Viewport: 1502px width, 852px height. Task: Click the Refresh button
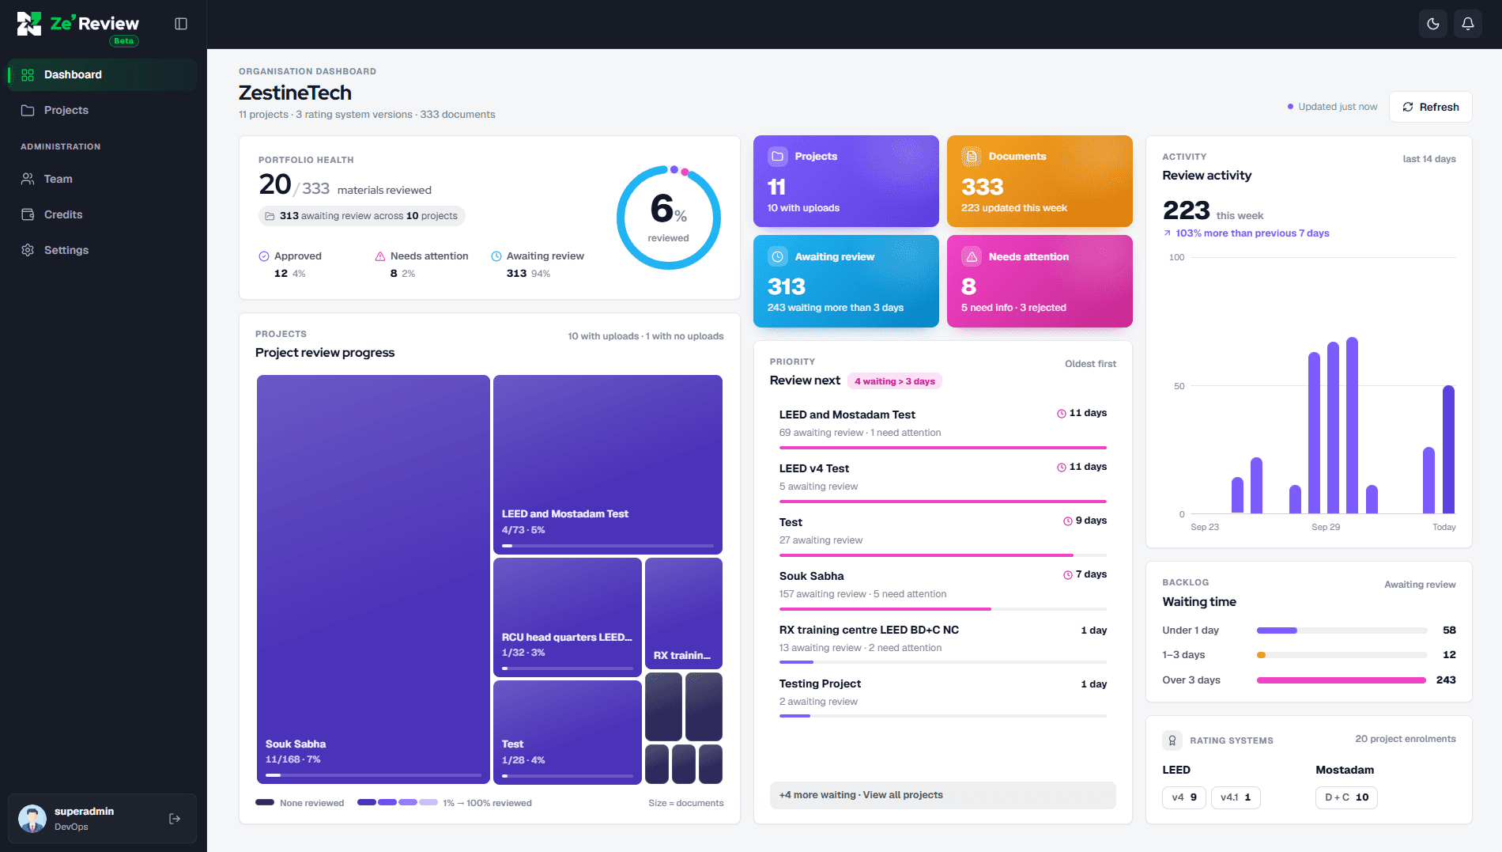coord(1430,107)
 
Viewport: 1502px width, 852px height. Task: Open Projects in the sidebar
coord(66,110)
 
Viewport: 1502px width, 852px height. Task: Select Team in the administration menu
coord(58,179)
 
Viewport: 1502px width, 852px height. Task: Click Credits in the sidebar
coord(63,214)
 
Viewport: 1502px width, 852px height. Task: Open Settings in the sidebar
coord(66,250)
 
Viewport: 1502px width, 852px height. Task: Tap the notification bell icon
coord(1468,24)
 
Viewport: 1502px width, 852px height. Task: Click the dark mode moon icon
coord(1433,24)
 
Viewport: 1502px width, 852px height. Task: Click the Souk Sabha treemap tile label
coord(296,744)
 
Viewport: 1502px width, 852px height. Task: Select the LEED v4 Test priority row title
coord(814,468)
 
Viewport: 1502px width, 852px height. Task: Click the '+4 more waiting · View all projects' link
coord(861,795)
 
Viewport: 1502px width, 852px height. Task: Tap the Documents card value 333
coord(983,187)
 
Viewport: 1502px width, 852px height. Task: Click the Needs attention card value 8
coord(968,286)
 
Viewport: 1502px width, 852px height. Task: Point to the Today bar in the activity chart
coord(1448,449)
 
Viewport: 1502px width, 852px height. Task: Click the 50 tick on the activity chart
coord(1179,386)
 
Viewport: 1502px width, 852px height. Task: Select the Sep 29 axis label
coord(1326,527)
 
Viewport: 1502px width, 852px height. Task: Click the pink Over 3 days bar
coord(1342,680)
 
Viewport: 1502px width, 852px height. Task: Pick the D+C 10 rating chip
coord(1346,797)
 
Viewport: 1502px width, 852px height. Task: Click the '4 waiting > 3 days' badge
coord(895,381)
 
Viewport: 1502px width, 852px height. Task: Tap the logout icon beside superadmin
coord(175,819)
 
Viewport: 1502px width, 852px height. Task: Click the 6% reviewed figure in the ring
coord(668,209)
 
